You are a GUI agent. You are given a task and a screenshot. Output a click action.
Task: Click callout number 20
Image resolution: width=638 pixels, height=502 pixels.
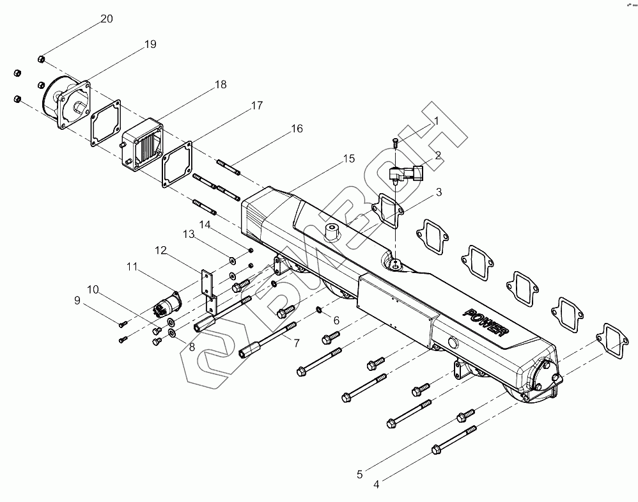tap(107, 19)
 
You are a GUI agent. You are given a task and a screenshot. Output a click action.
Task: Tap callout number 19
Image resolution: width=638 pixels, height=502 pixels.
tap(150, 45)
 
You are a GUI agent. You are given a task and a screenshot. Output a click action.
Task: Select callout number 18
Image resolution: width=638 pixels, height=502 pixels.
tap(221, 85)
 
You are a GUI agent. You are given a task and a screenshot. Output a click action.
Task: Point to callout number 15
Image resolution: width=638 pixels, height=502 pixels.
tap(348, 159)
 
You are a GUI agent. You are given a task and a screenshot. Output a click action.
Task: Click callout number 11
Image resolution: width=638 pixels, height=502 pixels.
tap(132, 265)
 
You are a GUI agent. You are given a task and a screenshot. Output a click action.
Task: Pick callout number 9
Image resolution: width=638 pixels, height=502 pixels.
tap(77, 300)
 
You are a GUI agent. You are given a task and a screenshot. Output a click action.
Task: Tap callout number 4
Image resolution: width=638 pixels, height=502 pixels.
tap(376, 485)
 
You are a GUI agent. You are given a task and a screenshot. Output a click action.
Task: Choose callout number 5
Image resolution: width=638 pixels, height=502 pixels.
tap(359, 475)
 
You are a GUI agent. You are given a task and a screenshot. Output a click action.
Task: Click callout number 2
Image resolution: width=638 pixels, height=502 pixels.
tap(437, 155)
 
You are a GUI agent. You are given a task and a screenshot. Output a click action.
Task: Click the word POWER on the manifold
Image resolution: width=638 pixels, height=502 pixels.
tap(486, 323)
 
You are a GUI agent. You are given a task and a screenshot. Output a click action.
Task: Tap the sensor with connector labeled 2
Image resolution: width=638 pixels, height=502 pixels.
tap(407, 174)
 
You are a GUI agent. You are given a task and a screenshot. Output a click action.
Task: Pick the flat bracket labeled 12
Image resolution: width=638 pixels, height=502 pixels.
tap(207, 285)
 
